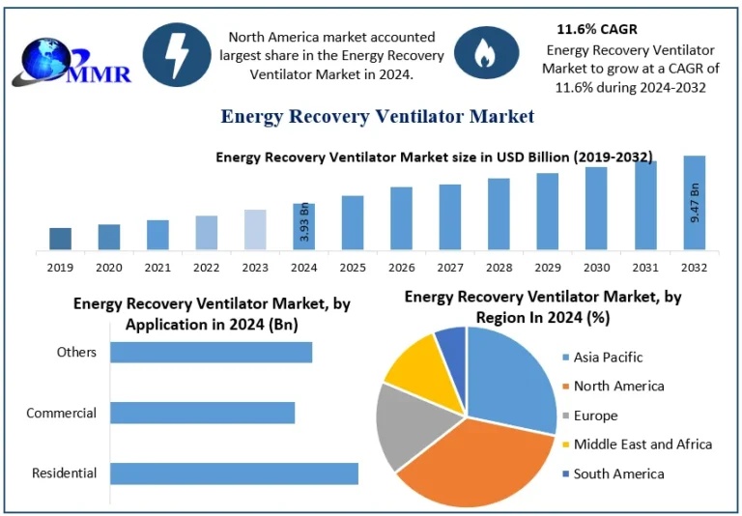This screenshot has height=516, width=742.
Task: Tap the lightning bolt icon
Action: [177, 54]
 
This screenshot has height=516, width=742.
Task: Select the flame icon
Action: [485, 54]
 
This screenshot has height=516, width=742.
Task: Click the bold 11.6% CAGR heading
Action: [596, 29]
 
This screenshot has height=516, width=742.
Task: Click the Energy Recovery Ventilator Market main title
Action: [377, 117]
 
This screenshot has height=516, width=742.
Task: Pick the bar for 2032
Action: [695, 203]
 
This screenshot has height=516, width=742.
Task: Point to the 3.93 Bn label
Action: [303, 222]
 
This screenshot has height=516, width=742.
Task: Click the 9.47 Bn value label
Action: [695, 202]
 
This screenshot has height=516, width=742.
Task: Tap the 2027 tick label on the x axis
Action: [449, 267]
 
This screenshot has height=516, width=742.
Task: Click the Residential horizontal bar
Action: [234, 473]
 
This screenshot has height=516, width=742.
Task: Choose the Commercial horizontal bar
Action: [202, 413]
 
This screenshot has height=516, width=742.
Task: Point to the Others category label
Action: [76, 352]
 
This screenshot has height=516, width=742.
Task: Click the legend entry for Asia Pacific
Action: [607, 357]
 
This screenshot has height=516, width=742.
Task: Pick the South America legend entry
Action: [617, 473]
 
